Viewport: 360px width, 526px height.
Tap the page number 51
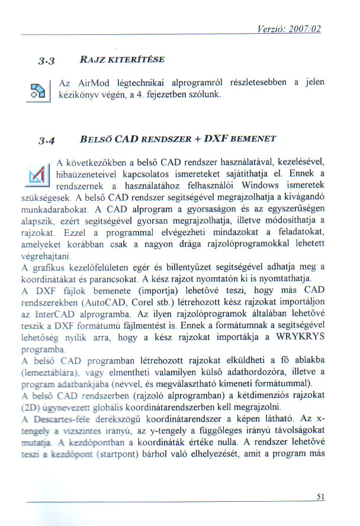tap(321, 498)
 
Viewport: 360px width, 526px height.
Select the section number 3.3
tap(46, 60)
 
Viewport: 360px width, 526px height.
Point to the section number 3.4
tap(46, 142)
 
